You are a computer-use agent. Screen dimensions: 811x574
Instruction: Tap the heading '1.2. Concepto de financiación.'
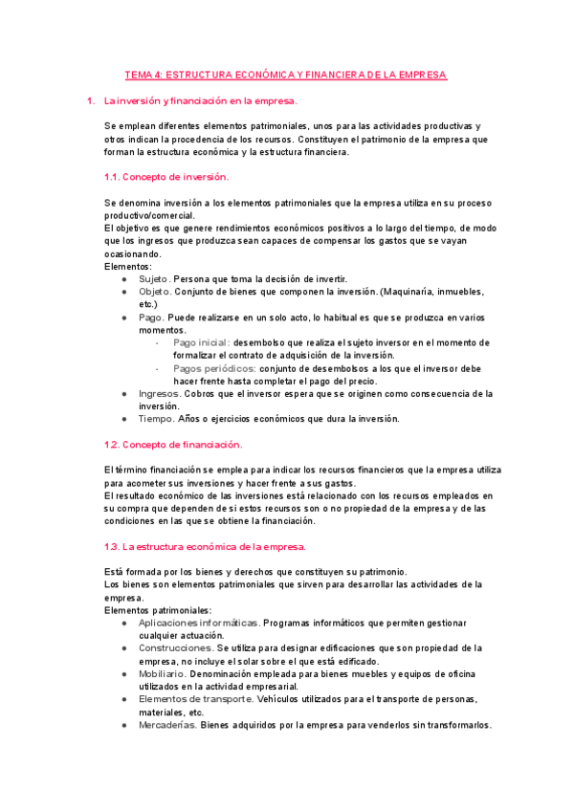[173, 444]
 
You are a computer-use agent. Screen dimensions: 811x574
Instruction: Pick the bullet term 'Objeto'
[155, 291]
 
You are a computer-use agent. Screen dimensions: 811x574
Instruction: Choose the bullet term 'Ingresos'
[160, 393]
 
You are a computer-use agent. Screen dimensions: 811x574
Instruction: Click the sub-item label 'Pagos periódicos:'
[214, 367]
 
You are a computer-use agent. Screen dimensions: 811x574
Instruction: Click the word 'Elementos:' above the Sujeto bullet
[128, 266]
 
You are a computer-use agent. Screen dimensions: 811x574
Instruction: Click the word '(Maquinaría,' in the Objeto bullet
[411, 291]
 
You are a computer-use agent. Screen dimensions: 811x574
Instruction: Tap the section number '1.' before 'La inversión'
[90, 100]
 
